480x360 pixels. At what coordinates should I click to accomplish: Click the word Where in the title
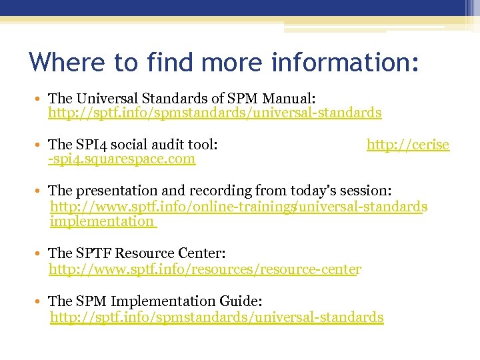coord(67,62)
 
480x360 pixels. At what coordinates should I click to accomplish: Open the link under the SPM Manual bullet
coord(215,113)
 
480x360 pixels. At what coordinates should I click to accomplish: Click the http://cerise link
coord(408,144)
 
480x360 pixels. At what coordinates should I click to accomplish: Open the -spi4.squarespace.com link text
coord(122,159)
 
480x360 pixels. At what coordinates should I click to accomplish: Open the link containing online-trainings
coord(239,207)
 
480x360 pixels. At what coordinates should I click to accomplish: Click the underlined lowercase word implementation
coord(102,221)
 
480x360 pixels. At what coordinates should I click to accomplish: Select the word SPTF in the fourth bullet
coord(94,253)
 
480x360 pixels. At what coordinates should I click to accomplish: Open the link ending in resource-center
coord(205,269)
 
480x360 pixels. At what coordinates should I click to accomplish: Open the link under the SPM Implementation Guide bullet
coord(217,317)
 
